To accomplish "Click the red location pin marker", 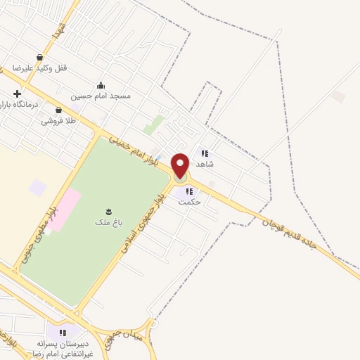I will point(181,165).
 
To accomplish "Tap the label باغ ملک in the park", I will point(108,222).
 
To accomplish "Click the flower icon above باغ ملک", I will point(109,211).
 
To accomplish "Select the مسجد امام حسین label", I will point(101,95).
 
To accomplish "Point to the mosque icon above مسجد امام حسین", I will point(101,84).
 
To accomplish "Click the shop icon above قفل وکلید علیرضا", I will point(40,57).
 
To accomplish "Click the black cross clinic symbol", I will point(17,94).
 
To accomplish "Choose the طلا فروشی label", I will point(57,121).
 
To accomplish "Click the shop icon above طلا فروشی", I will point(58,110).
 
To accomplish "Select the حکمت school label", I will point(190,202).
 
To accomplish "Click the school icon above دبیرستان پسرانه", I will point(63,332).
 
